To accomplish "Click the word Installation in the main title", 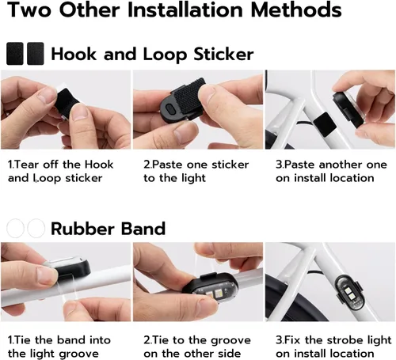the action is tap(185, 9).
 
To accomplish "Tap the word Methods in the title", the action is tap(296, 9).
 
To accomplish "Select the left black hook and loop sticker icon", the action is tap(15, 54).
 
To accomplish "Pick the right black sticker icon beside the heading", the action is tap(36, 54).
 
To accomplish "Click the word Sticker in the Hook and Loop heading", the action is tap(223, 54).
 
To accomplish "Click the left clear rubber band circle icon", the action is tap(15, 229).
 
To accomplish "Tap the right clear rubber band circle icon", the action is tap(36, 229).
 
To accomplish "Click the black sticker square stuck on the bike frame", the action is tap(325, 124).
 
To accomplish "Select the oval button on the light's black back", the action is tap(170, 108).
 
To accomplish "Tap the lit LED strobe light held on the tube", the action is tap(210, 289).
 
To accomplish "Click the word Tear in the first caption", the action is tap(26, 165).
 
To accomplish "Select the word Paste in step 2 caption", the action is tap(167, 165).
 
